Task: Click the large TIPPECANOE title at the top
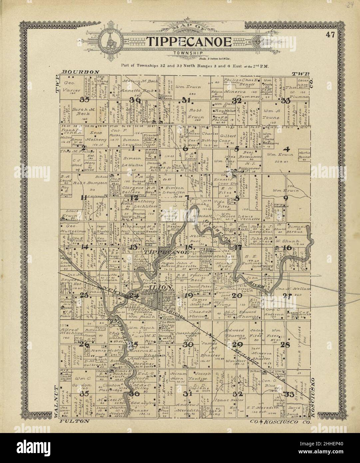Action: click(189, 42)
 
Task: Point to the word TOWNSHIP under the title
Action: click(188, 53)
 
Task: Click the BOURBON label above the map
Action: click(81, 72)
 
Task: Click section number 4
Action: click(286, 149)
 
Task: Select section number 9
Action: click(285, 198)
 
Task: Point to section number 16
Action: click(287, 247)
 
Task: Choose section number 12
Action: click(134, 198)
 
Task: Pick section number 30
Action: click(188, 344)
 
